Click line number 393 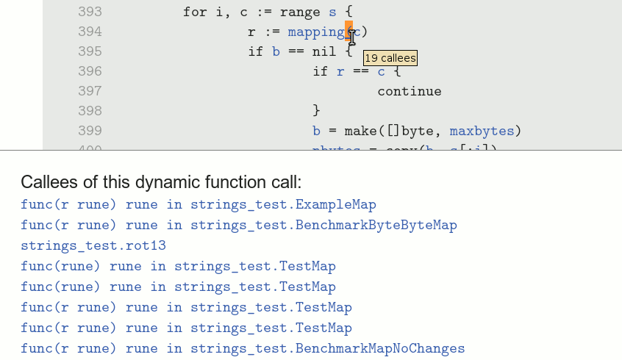click(x=89, y=12)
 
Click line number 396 click(x=89, y=71)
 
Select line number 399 click(x=89, y=131)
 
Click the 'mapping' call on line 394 click(x=316, y=32)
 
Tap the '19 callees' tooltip click(x=390, y=58)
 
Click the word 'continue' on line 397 click(x=410, y=92)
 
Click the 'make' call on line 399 click(x=360, y=131)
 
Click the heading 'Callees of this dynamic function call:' click(x=161, y=182)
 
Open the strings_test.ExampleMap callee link click(x=199, y=204)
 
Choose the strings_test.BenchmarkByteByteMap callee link click(x=239, y=225)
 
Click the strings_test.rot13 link click(x=93, y=245)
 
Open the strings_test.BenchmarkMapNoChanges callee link click(x=243, y=348)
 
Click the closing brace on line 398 click(x=317, y=111)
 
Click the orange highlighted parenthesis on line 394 click(x=349, y=32)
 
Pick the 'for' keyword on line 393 click(x=195, y=12)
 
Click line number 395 click(x=89, y=52)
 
